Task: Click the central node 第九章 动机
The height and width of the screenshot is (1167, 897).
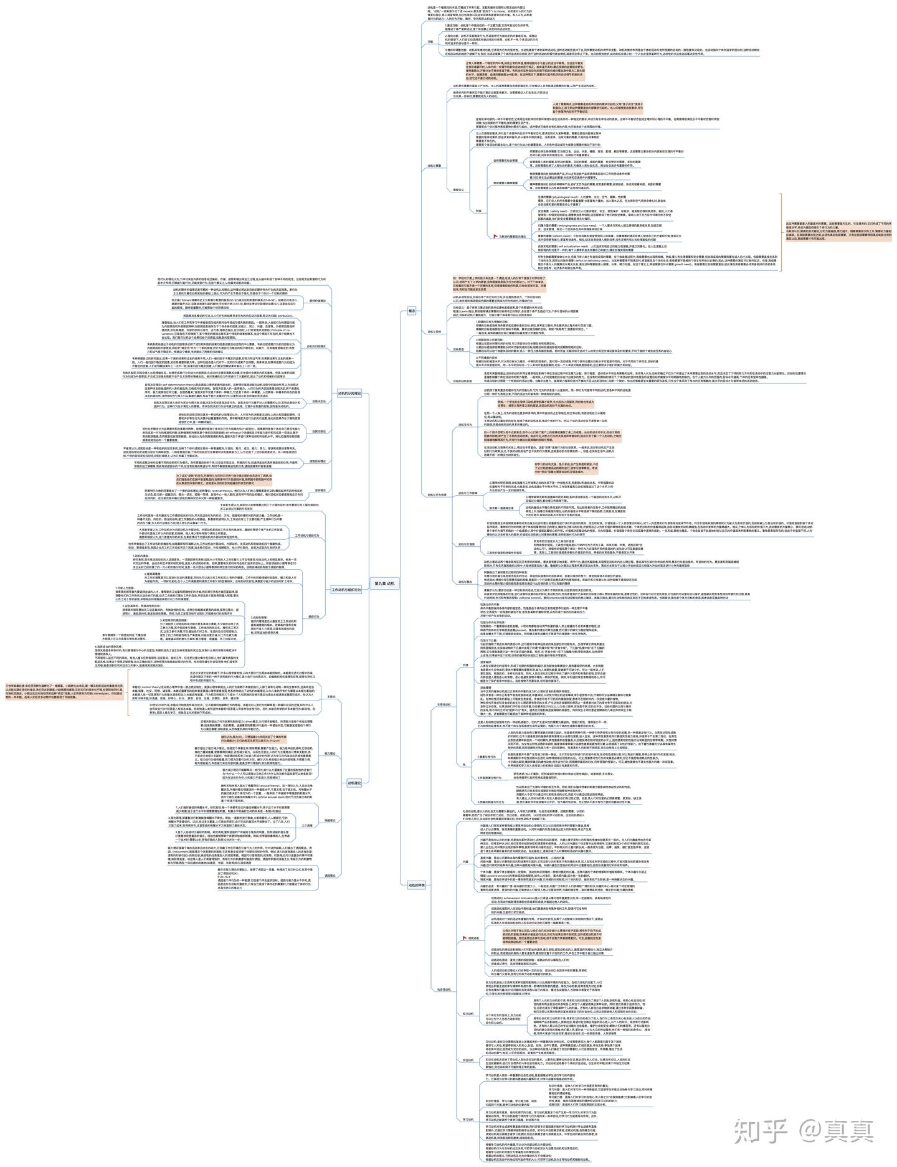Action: [384, 583]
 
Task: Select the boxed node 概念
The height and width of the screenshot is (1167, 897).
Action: [412, 309]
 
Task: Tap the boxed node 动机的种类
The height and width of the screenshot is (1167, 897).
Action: [417, 884]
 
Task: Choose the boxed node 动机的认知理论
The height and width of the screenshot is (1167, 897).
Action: [349, 393]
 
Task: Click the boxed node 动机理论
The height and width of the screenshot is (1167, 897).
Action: [354, 783]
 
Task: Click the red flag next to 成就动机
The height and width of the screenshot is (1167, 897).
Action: [463, 937]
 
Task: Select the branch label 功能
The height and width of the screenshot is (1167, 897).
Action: [430, 41]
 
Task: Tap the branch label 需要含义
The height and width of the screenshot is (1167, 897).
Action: [458, 189]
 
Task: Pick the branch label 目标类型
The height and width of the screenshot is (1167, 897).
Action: [458, 349]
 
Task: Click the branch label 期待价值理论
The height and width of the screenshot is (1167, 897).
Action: [318, 300]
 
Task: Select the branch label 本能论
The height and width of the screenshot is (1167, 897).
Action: [331, 696]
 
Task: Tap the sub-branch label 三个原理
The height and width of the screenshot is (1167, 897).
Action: [307, 825]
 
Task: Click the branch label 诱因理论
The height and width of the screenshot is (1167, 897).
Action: [330, 875]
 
